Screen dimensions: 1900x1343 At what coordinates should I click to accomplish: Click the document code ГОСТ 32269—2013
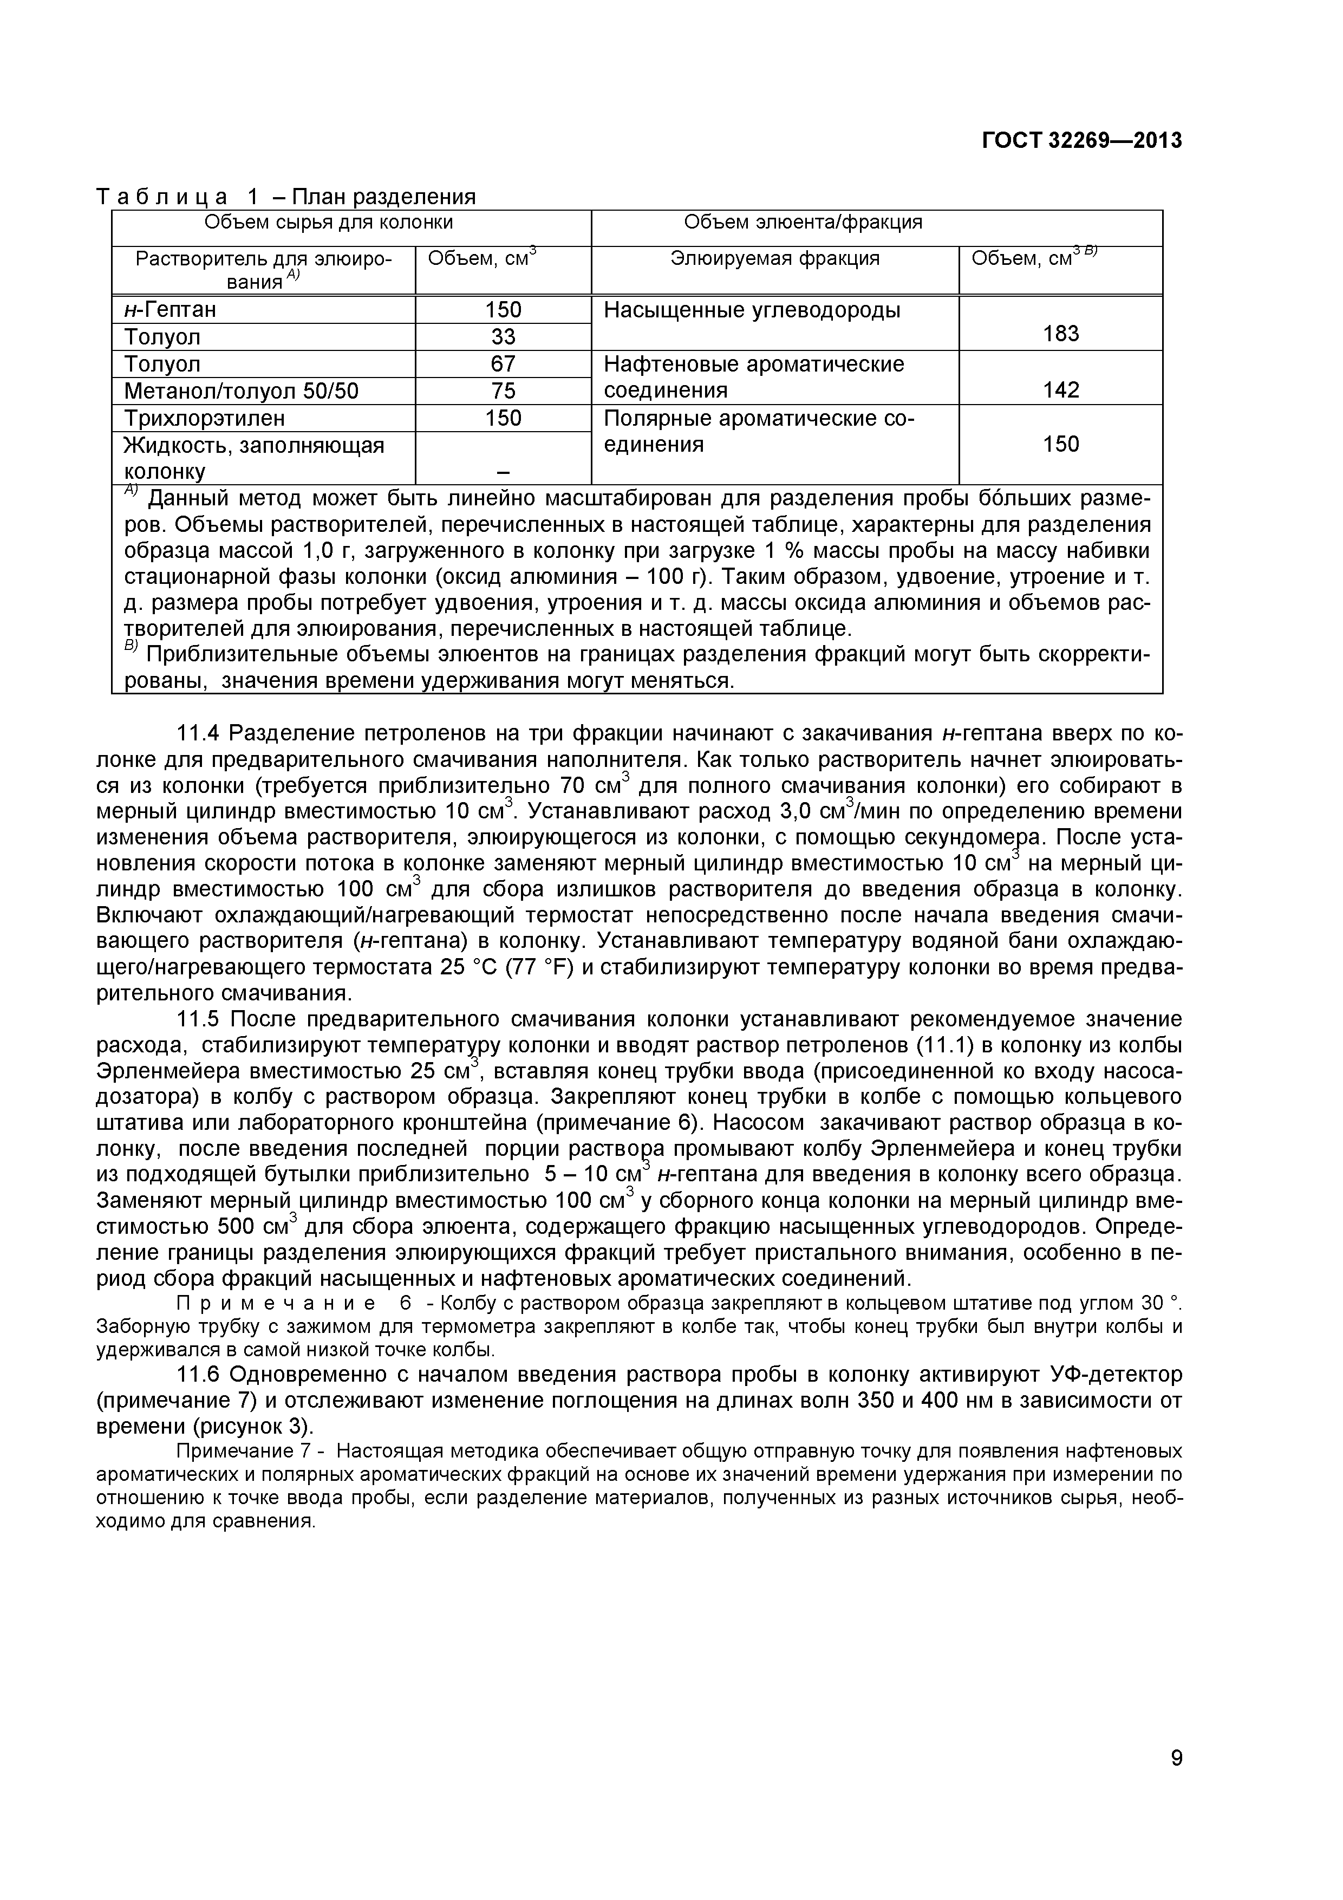tap(1081, 141)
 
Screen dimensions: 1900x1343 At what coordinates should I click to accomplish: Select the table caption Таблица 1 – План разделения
tap(286, 197)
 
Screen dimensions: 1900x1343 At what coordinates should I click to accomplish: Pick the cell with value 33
tap(503, 337)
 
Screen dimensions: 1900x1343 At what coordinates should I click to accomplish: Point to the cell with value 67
tap(503, 364)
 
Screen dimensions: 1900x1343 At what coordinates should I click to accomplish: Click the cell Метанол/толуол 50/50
tap(241, 391)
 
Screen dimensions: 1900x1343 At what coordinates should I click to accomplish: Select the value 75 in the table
tap(503, 391)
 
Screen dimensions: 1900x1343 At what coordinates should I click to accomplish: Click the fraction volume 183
tap(1061, 334)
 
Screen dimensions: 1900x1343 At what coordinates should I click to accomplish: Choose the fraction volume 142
tap(1061, 390)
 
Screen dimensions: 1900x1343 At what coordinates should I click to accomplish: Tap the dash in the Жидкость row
tap(503, 472)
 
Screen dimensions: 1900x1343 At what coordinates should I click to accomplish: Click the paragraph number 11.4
tap(199, 733)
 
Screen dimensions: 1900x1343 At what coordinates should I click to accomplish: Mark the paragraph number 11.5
tap(199, 1019)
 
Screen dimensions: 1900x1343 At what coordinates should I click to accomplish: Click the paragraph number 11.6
tap(199, 1375)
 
